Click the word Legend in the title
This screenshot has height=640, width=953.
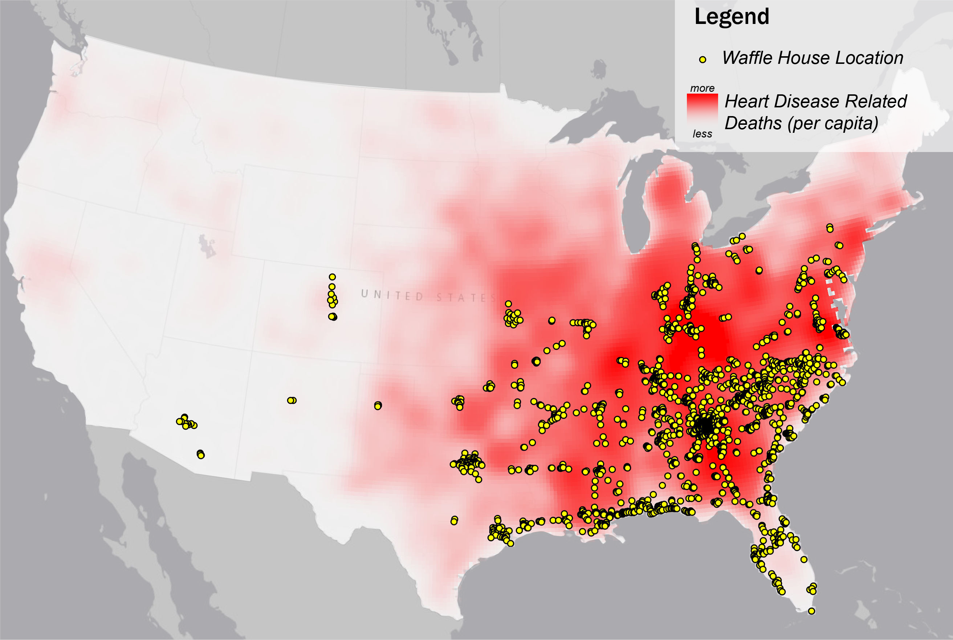[x=732, y=17]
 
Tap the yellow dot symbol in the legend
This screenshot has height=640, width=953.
[x=702, y=60]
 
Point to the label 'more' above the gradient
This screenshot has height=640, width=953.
[x=702, y=89]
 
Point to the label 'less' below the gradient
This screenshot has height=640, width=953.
[x=702, y=134]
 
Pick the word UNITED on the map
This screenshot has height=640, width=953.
[x=392, y=295]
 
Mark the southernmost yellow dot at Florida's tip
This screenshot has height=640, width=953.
[x=811, y=611]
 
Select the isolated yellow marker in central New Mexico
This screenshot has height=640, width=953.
[x=292, y=401]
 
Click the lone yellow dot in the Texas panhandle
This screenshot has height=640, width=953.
[x=378, y=405]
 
